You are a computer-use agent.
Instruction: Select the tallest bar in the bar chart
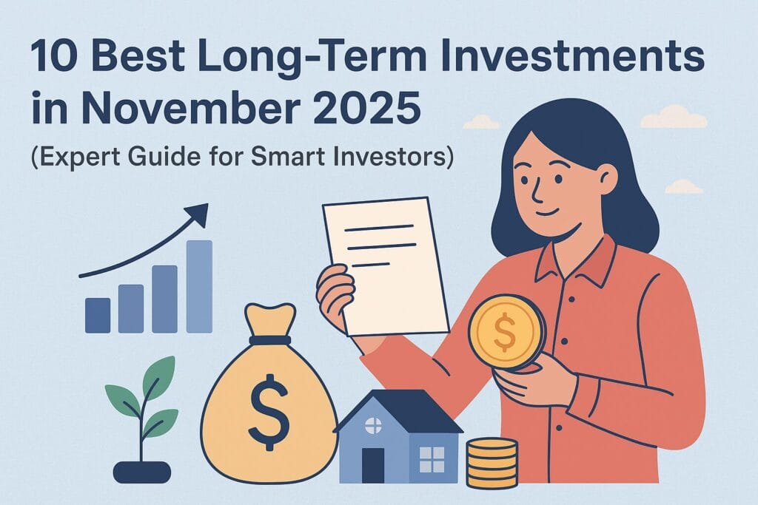199,286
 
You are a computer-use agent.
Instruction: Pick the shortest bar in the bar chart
98,314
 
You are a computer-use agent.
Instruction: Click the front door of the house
373,465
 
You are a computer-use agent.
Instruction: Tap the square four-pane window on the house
432,458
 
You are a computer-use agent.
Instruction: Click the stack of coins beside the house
492,461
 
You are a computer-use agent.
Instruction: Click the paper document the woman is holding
385,266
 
